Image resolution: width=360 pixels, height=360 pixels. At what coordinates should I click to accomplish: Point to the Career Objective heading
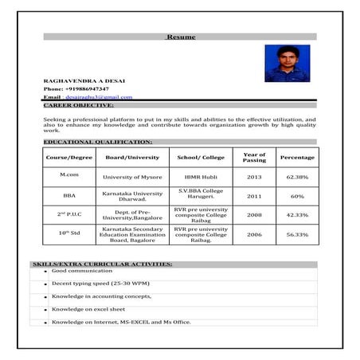[x=78, y=104]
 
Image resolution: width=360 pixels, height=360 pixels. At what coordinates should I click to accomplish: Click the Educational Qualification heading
[x=97, y=141]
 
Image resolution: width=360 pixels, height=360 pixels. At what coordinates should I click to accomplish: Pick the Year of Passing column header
[x=254, y=157]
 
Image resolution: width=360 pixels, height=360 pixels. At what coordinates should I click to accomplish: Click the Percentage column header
[x=297, y=157]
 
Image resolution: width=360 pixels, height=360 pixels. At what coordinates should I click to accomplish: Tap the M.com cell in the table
[x=69, y=174]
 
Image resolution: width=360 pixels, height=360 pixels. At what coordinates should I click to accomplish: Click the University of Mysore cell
[x=127, y=177]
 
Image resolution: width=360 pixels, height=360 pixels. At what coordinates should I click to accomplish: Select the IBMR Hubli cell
[x=200, y=177]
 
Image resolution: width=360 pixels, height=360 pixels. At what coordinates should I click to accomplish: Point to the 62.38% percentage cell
[x=297, y=177]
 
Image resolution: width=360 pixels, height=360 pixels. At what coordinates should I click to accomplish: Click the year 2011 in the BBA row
[x=254, y=195]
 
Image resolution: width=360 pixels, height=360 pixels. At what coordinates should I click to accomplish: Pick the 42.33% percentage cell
[x=297, y=214]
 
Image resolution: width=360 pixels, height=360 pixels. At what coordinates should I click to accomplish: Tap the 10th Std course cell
[x=69, y=233]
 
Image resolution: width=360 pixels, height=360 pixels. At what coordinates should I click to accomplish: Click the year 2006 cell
[x=254, y=234]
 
